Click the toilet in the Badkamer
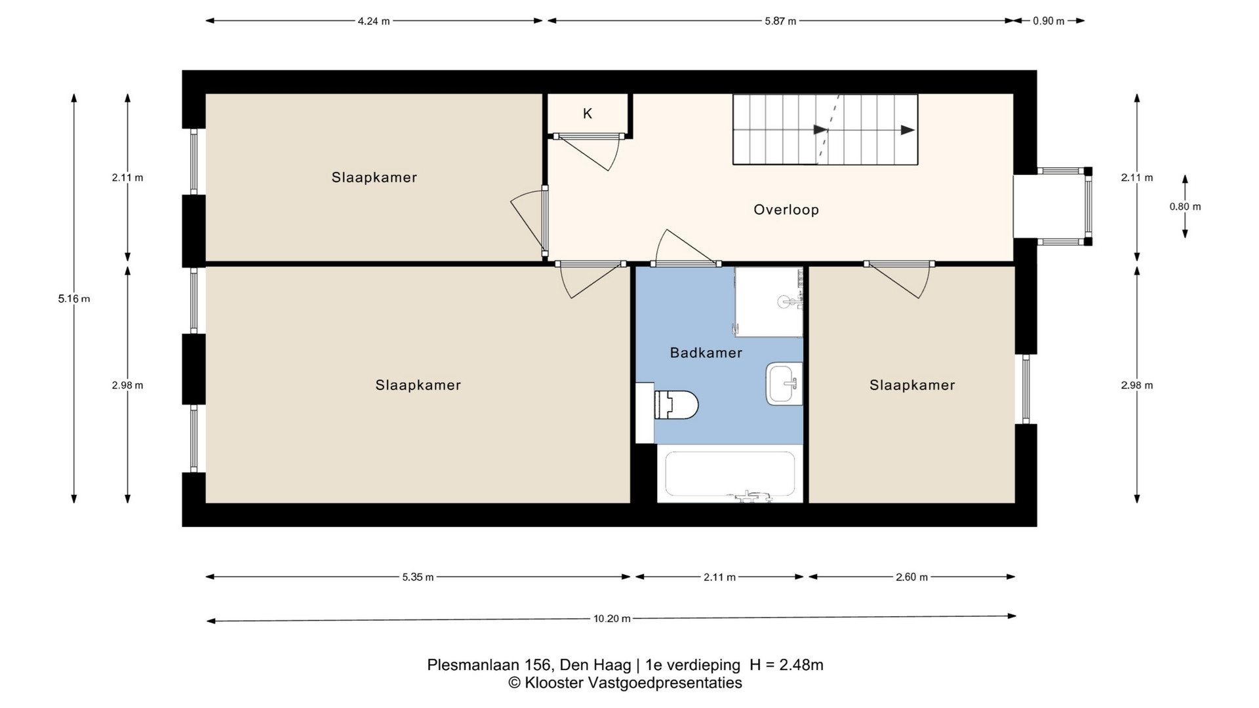click(675, 404)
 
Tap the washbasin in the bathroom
click(784, 384)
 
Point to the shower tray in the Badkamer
click(769, 302)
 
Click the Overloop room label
click(786, 210)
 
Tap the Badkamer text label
click(706, 353)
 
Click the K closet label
click(588, 113)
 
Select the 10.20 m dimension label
click(612, 618)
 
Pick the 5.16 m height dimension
click(74, 299)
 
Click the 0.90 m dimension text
click(1049, 21)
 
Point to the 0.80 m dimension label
click(1186, 206)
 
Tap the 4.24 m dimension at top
click(374, 21)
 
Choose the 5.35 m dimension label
click(418, 578)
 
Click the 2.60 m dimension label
click(912, 578)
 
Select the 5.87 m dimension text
click(780, 21)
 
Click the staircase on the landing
click(825, 129)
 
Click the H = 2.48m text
click(786, 665)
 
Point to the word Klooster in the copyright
click(553, 683)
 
